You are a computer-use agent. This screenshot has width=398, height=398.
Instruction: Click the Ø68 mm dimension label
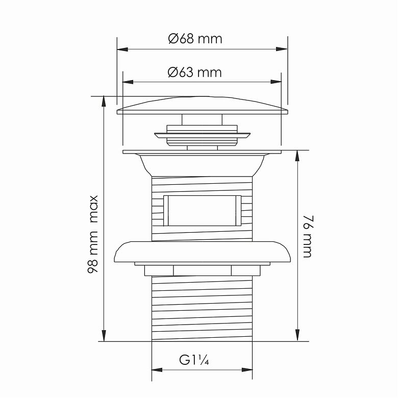coord(195,39)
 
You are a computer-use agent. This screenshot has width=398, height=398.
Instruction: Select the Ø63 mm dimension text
coord(195,72)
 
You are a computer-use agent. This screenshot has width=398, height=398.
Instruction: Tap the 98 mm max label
coord(93,234)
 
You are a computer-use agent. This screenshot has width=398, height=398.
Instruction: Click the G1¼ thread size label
coord(194,360)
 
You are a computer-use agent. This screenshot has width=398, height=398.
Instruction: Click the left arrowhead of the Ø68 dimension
coord(122,49)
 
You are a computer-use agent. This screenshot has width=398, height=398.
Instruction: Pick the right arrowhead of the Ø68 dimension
coord(282,49)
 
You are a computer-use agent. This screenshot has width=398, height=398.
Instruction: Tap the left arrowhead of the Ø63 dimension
coord(128,82)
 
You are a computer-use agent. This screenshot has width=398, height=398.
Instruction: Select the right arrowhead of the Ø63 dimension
coord(276,82)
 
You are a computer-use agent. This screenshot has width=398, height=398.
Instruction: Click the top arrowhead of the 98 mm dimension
coord(104,102)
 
